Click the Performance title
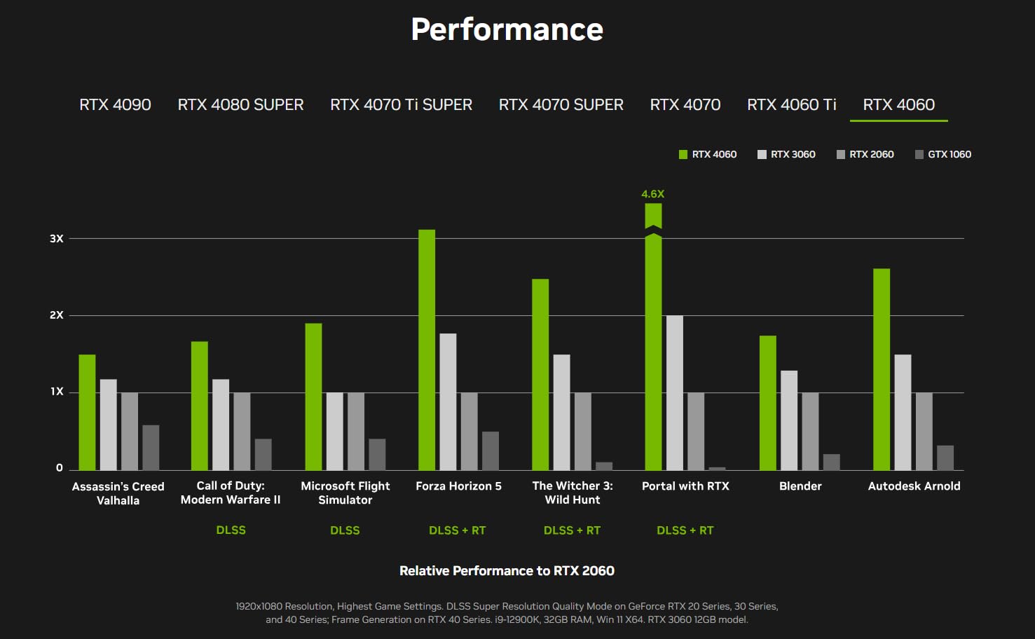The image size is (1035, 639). click(x=507, y=29)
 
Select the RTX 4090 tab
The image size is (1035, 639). click(x=115, y=104)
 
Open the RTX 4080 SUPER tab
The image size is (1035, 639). click(x=240, y=104)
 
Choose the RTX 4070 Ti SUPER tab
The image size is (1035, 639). click(x=401, y=104)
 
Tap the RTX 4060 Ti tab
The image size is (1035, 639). click(x=791, y=104)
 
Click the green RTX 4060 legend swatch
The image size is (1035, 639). click(x=683, y=154)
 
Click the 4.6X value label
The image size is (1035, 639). click(x=652, y=194)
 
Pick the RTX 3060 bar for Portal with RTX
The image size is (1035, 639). click(x=674, y=392)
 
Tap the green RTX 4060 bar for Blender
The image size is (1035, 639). click(x=768, y=403)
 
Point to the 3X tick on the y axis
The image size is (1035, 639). click(x=57, y=239)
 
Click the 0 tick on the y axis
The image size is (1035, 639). click(x=60, y=468)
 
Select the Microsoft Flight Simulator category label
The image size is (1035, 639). click(x=345, y=493)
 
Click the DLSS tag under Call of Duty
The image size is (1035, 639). click(x=231, y=530)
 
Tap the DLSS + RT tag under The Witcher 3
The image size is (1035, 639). click(x=572, y=530)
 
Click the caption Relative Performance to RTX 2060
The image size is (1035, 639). click(x=507, y=571)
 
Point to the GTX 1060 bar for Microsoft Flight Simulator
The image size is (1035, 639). click(x=377, y=454)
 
